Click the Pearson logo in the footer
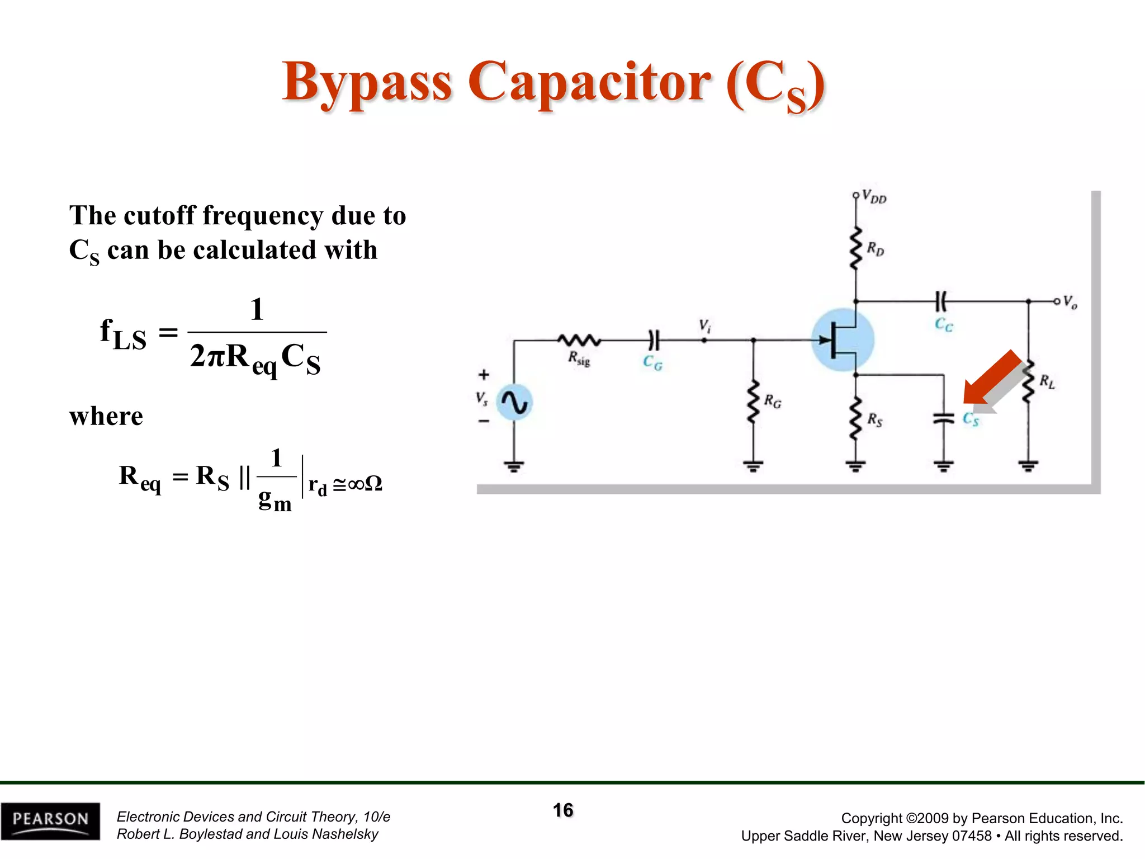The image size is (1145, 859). click(x=50, y=820)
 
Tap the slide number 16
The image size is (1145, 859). click(x=563, y=810)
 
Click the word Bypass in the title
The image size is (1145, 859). click(x=367, y=83)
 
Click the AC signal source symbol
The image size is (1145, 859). click(x=514, y=402)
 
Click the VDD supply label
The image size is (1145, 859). click(x=873, y=197)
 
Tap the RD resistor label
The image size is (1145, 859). click(x=876, y=249)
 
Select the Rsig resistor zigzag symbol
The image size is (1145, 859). click(x=579, y=339)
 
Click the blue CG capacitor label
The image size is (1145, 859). click(x=652, y=363)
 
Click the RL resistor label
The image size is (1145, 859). click(x=1047, y=382)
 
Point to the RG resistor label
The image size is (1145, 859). click(x=773, y=401)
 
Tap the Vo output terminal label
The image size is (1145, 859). click(x=1070, y=303)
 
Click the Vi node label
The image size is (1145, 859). click(x=704, y=326)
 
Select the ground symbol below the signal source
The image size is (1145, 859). click(x=514, y=465)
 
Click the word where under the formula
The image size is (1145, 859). click(x=106, y=416)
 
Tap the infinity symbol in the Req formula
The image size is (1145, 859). click(x=356, y=484)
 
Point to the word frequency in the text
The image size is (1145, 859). click(x=262, y=216)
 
